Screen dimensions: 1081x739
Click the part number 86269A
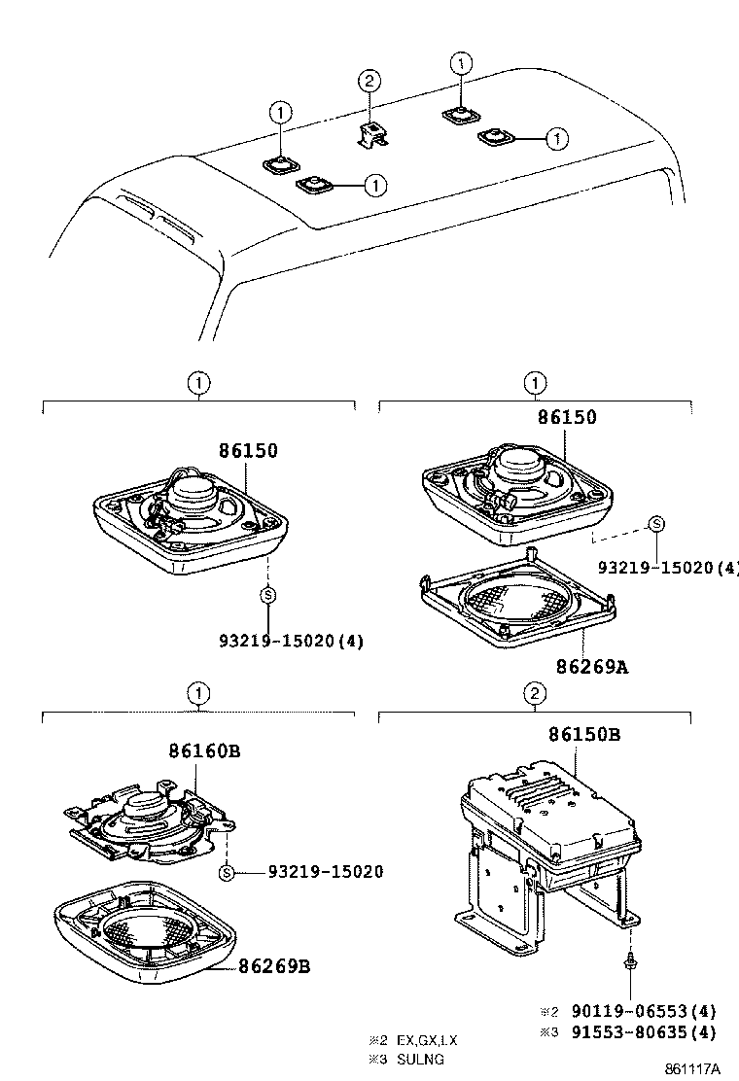point(592,667)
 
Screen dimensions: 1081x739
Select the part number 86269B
point(274,966)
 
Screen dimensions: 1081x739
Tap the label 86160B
point(204,751)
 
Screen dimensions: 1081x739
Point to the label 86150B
point(583,735)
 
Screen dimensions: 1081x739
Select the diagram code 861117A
point(692,1068)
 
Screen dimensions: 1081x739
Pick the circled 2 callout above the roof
point(369,81)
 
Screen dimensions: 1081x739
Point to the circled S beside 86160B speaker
point(226,872)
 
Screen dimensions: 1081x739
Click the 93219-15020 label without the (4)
point(325,872)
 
